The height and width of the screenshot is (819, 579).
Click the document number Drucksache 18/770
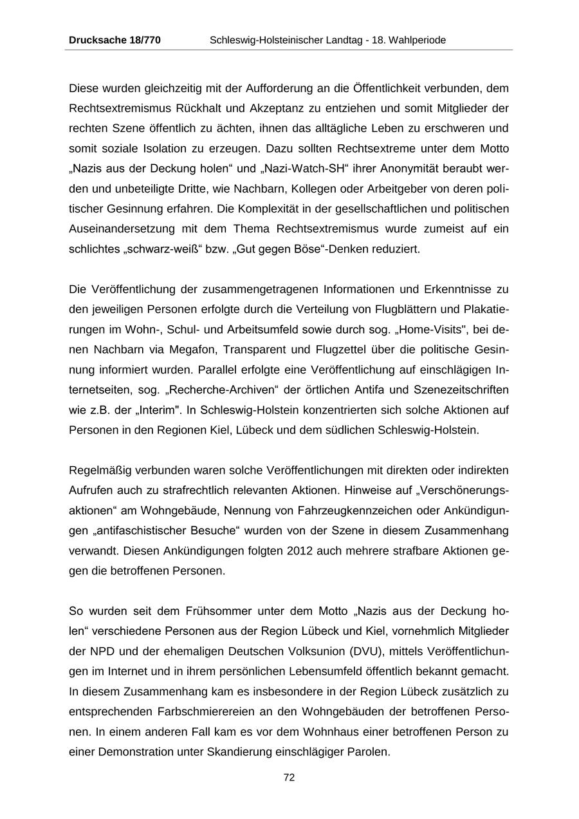pyautogui.click(x=115, y=40)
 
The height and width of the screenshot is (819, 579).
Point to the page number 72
pyautogui.click(x=289, y=777)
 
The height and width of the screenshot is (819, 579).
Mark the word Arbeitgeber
pyautogui.click(x=400, y=189)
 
